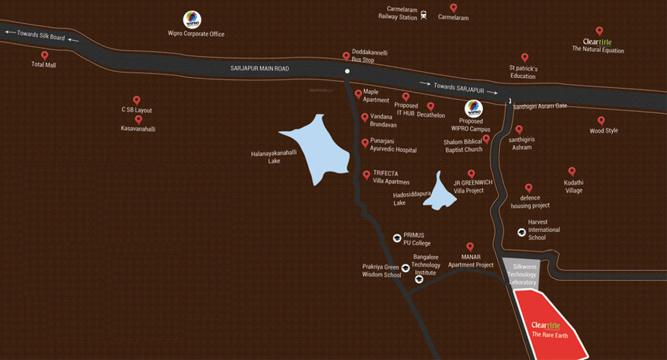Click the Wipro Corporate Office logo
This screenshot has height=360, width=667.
click(192, 19)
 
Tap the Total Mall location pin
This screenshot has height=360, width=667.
click(45, 56)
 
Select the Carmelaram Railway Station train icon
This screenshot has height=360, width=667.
click(424, 15)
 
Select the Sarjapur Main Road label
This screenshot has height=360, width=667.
click(259, 68)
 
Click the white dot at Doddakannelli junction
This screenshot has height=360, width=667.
click(347, 71)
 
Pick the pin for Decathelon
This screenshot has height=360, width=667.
click(430, 106)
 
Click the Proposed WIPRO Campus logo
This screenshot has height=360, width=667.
click(473, 108)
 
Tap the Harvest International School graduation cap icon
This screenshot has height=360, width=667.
click(521, 232)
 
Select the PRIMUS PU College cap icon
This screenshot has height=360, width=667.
click(396, 237)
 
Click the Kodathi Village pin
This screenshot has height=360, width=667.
click(572, 172)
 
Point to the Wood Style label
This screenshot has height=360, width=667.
click(604, 131)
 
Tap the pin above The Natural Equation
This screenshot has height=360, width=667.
click(599, 31)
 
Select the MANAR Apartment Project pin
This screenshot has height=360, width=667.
click(470, 247)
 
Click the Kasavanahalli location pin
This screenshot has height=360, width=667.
click(138, 120)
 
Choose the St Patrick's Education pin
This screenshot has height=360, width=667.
click(524, 58)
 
